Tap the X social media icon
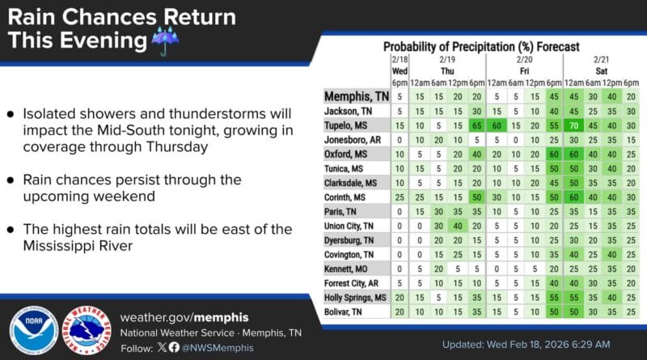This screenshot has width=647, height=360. pos(163,348)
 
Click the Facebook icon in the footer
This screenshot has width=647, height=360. pos(175,348)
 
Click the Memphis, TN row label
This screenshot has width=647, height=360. pos(353,96)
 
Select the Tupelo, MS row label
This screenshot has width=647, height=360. pos(349,126)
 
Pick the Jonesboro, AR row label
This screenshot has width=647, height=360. pos(353,140)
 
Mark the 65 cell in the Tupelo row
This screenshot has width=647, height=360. pos(476,126)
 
